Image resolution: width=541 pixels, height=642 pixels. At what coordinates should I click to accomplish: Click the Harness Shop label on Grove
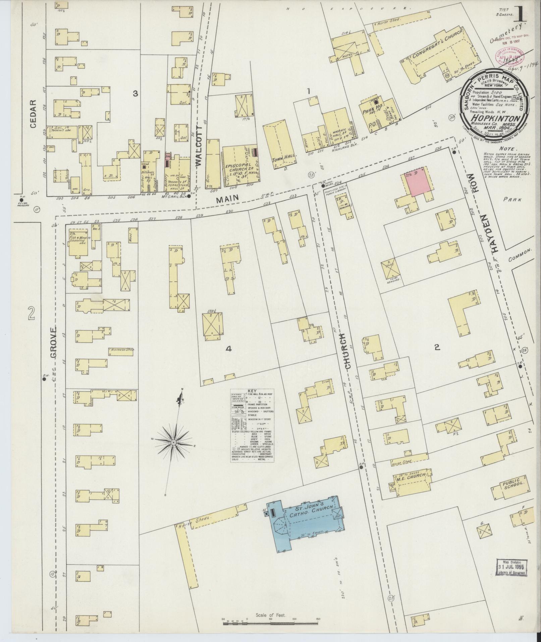pos(122,350)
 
